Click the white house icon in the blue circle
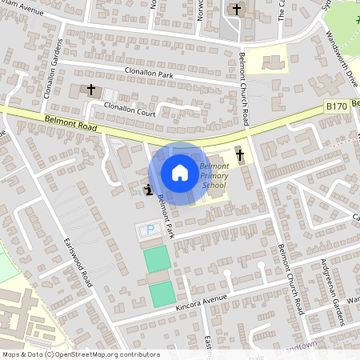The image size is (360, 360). click(x=180, y=172)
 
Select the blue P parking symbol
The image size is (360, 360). click(x=149, y=230)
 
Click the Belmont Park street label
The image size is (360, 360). click(x=165, y=216)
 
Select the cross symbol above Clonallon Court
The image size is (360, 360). click(x=91, y=90)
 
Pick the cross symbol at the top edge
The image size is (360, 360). click(x=236, y=10)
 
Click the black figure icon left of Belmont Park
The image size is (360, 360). click(x=148, y=190)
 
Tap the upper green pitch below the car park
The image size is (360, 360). click(x=158, y=258)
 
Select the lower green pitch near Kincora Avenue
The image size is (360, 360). click(x=162, y=294)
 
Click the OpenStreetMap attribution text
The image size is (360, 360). click(x=80, y=354)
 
